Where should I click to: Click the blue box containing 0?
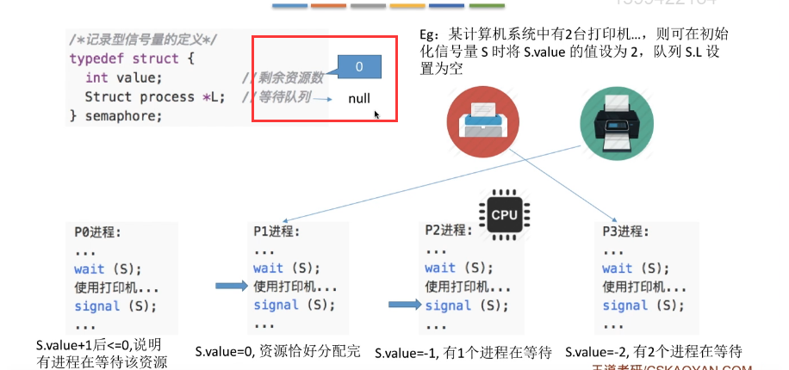358,66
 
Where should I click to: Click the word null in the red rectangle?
359,98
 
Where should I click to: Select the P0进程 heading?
97,232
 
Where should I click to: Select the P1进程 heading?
276,232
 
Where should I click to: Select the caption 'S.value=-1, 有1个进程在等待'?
463,352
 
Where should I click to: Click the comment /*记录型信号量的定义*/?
144,40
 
